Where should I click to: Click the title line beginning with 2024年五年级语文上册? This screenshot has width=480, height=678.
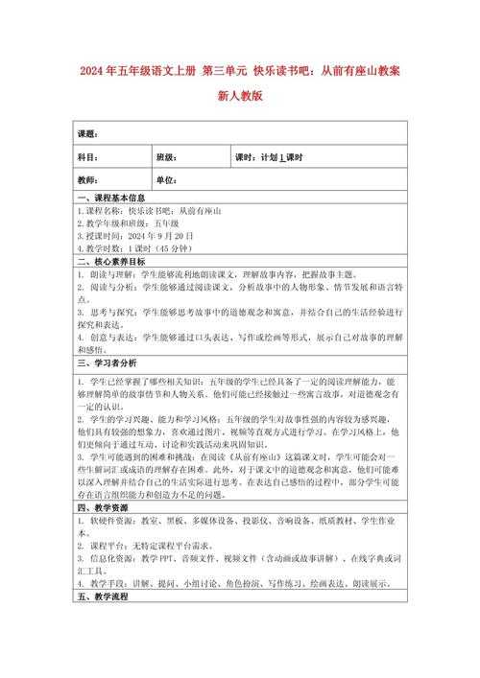point(240,72)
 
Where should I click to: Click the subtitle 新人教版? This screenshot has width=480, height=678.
point(240,97)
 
